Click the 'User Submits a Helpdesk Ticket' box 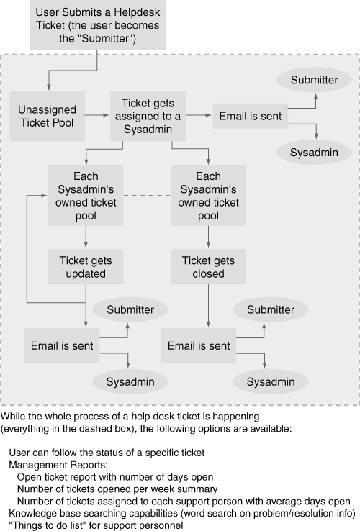98,25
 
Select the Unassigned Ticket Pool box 47,116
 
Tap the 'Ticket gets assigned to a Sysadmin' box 148,116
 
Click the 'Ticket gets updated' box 86,267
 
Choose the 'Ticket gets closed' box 208,267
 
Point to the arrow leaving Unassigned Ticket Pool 97,115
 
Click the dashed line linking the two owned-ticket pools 147,196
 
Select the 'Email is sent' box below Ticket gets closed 199,346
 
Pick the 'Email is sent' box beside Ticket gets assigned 250,116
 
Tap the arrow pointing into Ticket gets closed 208,237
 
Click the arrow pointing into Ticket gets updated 86,237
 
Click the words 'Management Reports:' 58,465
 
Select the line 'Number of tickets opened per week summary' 117,489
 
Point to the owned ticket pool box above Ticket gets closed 208,196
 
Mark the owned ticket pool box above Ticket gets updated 86,196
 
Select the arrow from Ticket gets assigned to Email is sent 199,115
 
